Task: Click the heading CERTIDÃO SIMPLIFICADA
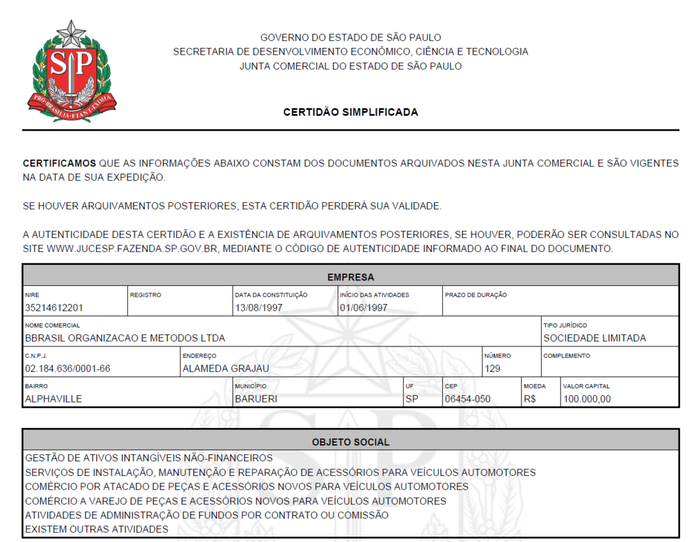[350, 112]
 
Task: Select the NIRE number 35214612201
[54, 308]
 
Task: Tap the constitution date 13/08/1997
[259, 308]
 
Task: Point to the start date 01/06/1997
[364, 308]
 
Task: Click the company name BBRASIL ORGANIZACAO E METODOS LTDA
[125, 338]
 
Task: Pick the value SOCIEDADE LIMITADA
[594, 338]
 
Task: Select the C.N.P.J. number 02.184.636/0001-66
[67, 369]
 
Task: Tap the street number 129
[493, 369]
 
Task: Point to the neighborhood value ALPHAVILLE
[53, 399]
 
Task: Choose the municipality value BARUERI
[256, 399]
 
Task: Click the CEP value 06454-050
[468, 399]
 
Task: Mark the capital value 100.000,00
[587, 399]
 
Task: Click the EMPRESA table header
[350, 277]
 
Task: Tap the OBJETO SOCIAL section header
[350, 442]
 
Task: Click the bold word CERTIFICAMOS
[59, 163]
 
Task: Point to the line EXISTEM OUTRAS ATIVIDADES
[96, 529]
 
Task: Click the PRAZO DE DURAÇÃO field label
[476, 295]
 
